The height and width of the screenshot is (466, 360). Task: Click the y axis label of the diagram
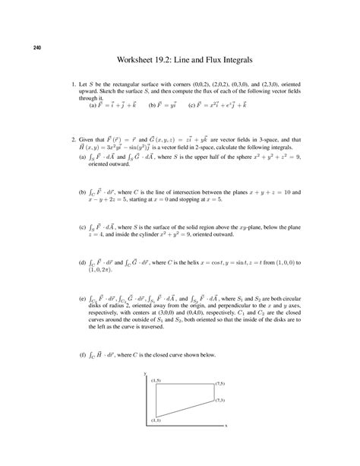tap(144, 374)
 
